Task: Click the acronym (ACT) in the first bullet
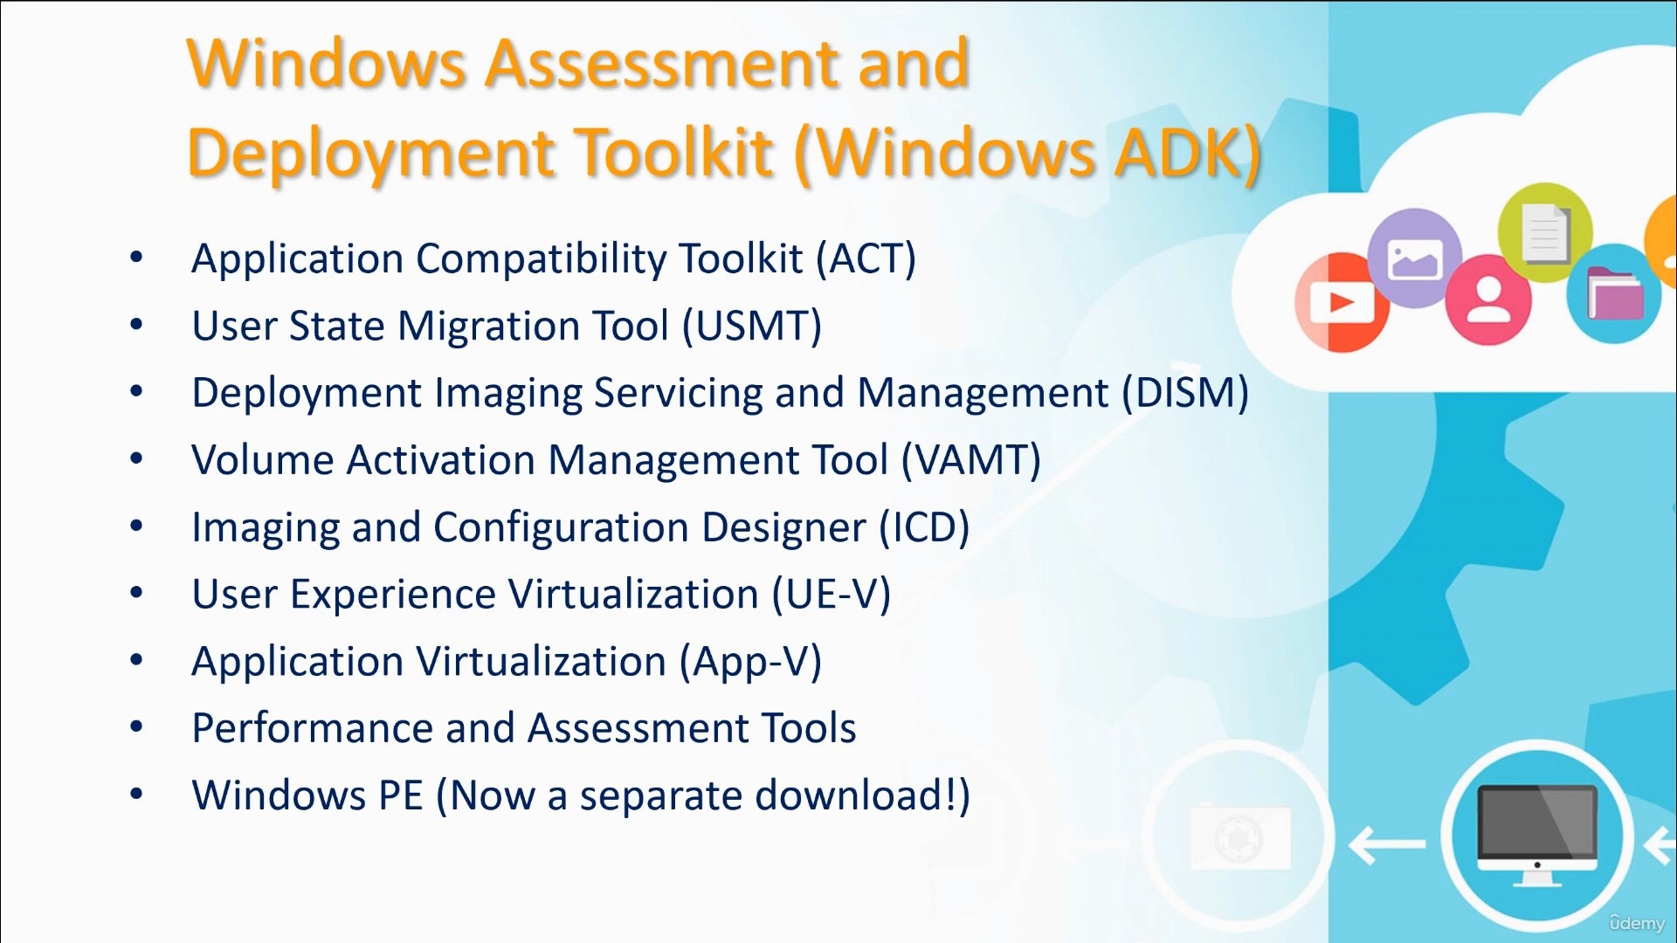(x=866, y=259)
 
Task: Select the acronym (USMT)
(x=752, y=327)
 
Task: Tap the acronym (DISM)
(x=1185, y=393)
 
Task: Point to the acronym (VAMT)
(x=971, y=460)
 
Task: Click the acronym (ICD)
(x=924, y=527)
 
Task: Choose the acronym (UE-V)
(x=832, y=595)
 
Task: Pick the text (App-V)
(x=751, y=662)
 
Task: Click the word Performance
(x=312, y=728)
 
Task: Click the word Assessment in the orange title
(x=664, y=64)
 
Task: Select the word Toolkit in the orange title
(x=673, y=153)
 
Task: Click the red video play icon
(x=1340, y=303)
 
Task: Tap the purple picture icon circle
(x=1414, y=258)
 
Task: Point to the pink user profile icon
(x=1488, y=300)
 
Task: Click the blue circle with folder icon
(x=1613, y=293)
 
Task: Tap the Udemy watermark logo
(x=1637, y=922)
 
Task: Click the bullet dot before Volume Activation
(x=136, y=458)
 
